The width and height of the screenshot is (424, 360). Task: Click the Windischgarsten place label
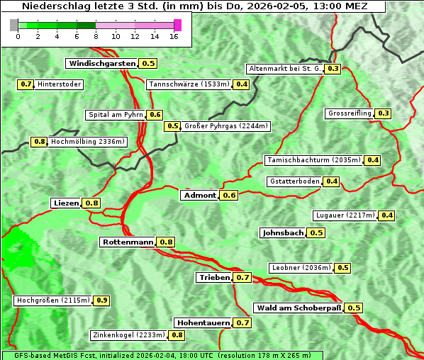(x=102, y=64)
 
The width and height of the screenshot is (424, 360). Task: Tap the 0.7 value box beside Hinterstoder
(x=26, y=84)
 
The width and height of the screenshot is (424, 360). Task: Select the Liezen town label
(x=66, y=203)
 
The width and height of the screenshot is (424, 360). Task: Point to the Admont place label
(x=199, y=196)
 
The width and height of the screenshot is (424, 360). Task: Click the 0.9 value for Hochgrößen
(x=101, y=300)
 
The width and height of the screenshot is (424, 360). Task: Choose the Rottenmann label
(x=128, y=242)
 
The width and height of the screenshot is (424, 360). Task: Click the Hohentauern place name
(x=203, y=323)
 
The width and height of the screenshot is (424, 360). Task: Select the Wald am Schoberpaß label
(x=299, y=308)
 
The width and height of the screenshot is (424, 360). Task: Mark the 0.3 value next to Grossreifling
(x=384, y=113)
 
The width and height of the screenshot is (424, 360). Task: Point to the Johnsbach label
(x=283, y=233)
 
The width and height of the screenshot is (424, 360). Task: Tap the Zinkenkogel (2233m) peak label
(x=128, y=335)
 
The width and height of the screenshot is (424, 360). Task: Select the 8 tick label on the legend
(x=95, y=36)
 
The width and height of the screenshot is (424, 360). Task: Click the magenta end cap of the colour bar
(x=177, y=25)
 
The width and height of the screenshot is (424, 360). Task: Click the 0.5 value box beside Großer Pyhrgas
(x=172, y=127)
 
